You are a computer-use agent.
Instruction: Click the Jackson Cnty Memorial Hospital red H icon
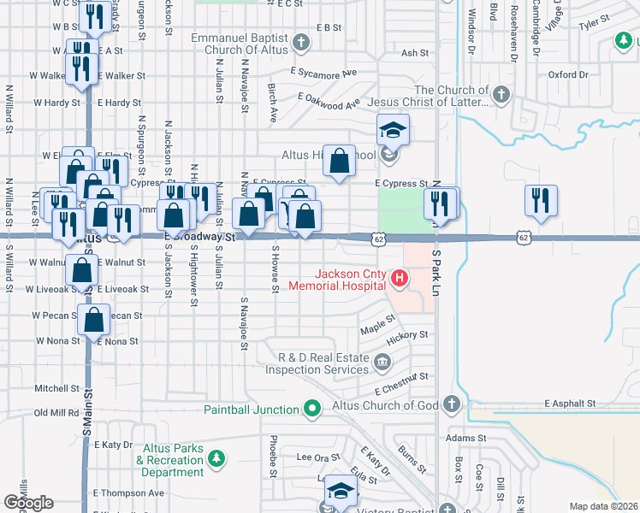(x=398, y=279)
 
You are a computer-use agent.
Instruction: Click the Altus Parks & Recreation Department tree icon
(x=217, y=460)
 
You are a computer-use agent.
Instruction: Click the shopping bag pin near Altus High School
(x=340, y=160)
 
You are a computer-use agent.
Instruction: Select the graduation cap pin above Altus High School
(x=394, y=130)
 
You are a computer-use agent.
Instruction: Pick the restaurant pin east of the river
(x=541, y=200)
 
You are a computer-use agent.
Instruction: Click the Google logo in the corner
(x=28, y=503)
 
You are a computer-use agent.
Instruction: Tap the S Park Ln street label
(x=436, y=266)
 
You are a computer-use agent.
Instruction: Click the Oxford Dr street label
(x=568, y=75)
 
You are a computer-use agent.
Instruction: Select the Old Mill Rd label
(x=56, y=413)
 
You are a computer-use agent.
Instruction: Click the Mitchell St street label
(x=56, y=388)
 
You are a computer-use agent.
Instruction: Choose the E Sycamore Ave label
(x=323, y=74)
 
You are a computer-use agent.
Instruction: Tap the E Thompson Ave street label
(x=128, y=493)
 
